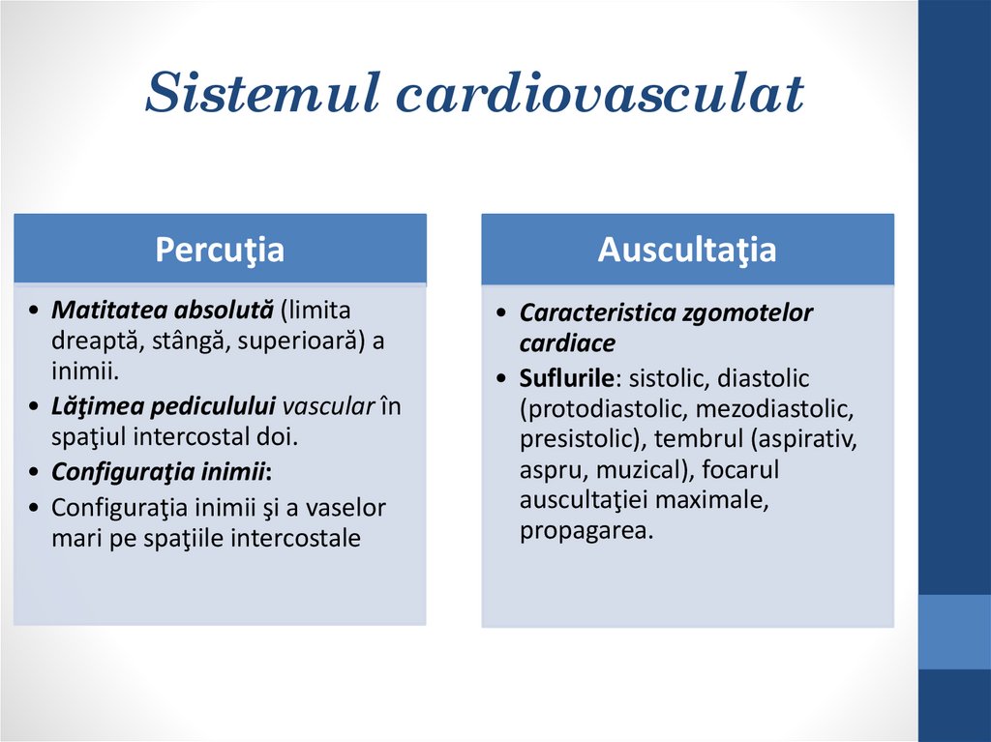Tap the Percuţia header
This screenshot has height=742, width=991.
pyautogui.click(x=220, y=250)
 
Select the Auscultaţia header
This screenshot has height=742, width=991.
pyautogui.click(x=687, y=250)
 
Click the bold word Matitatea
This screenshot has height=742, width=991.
pyautogui.click(x=110, y=312)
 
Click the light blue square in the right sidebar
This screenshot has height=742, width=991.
pyautogui.click(x=954, y=632)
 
